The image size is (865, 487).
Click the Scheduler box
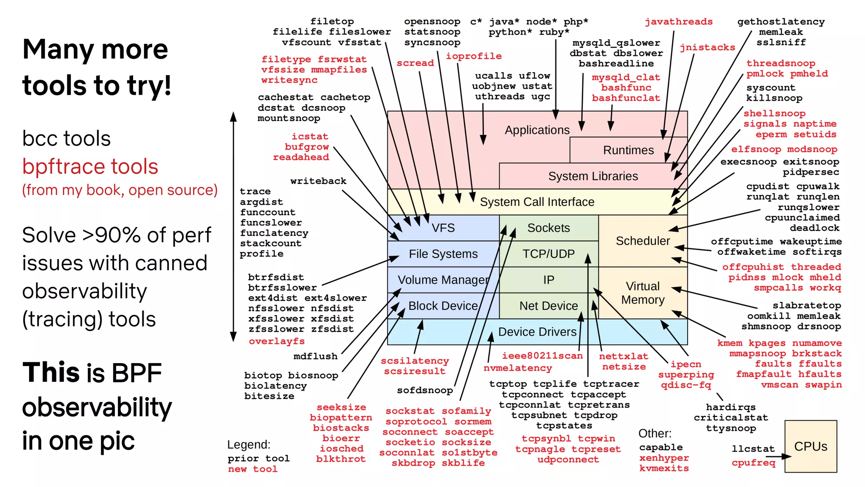tap(642, 241)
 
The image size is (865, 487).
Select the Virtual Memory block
tap(642, 293)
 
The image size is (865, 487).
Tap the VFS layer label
tap(443, 228)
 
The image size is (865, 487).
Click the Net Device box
tap(548, 306)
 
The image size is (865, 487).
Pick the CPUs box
tap(811, 446)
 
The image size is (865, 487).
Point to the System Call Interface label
tap(537, 202)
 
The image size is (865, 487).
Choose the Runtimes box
tap(628, 150)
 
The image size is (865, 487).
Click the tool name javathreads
tap(678, 22)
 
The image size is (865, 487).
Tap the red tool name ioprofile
tap(473, 56)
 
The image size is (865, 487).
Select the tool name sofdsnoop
tap(424, 391)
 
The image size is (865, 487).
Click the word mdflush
tap(316, 356)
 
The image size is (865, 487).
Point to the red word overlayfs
tap(277, 341)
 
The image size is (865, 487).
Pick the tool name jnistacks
tap(707, 48)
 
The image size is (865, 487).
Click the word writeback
tap(318, 181)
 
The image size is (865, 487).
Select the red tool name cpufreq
tap(753, 463)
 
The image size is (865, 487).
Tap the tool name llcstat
tap(753, 449)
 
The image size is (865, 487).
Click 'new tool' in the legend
tap(253, 469)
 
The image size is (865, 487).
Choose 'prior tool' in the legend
tap(258, 459)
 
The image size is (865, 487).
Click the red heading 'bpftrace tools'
tap(90, 167)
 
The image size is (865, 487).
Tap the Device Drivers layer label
tap(537, 332)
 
